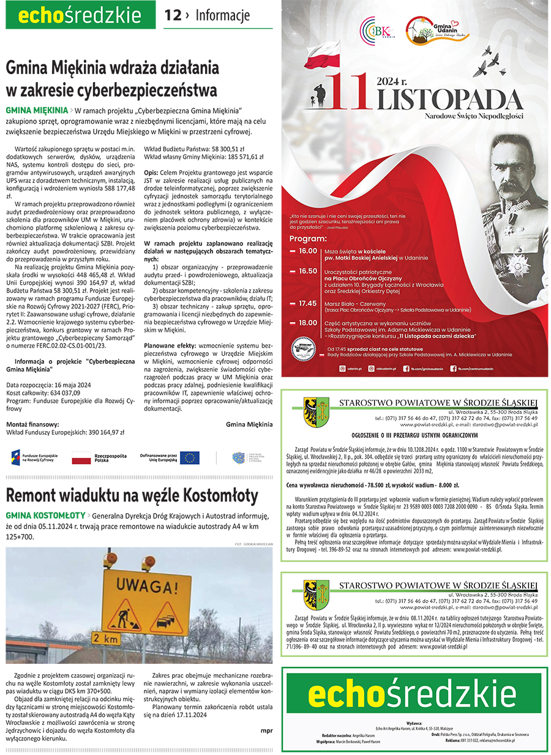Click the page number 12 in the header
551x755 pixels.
click(173, 15)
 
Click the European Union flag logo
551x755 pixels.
click(189, 457)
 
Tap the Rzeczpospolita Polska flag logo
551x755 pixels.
click(81, 457)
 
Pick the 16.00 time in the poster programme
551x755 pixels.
click(307, 251)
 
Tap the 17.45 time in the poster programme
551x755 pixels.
click(307, 303)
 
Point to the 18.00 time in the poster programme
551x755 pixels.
click(307, 323)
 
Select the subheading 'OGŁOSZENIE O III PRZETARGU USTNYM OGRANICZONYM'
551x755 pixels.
click(414, 435)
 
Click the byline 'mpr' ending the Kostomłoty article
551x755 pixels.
click(266, 730)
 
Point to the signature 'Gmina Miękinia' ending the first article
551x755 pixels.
click(249, 424)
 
